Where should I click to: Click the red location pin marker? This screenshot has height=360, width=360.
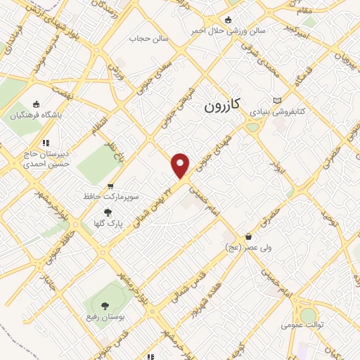(181, 165)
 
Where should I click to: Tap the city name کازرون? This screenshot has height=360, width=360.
(222, 106)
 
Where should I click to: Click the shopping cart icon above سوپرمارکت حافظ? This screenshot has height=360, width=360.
(110, 186)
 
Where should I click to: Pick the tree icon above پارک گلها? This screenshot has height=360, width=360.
(108, 212)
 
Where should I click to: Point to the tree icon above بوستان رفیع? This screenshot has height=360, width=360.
(105, 305)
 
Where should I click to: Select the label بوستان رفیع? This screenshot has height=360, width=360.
(106, 318)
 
